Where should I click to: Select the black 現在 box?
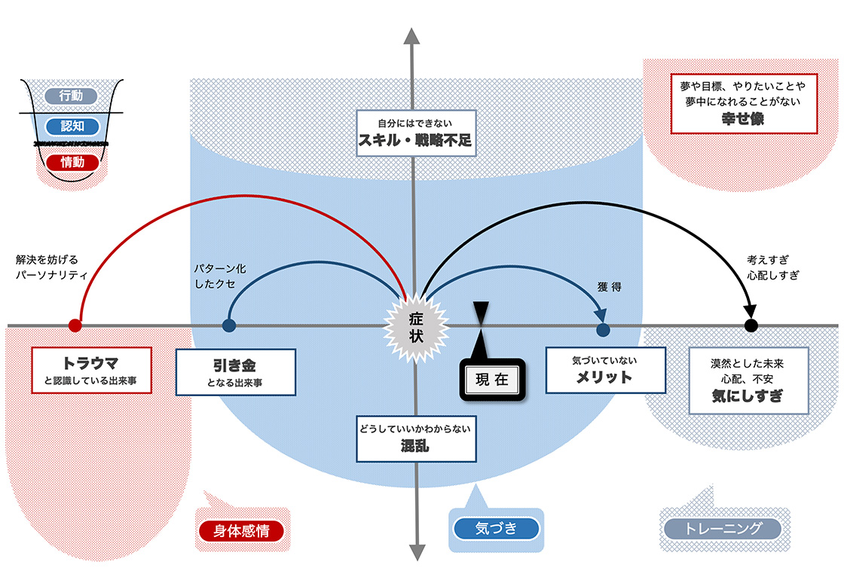493,380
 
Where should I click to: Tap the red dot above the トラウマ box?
75,325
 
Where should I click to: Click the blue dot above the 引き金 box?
229,325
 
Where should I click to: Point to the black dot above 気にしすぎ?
751,325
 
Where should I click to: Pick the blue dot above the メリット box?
602,329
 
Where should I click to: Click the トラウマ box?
91,370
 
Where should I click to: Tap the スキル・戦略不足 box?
416,133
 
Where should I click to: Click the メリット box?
605,370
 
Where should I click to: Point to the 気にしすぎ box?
748,380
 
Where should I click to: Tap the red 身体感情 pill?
241,530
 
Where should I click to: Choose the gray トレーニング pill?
723,528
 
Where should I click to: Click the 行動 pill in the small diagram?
72,96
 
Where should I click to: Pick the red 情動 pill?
72,161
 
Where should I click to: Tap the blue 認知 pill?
72,127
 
